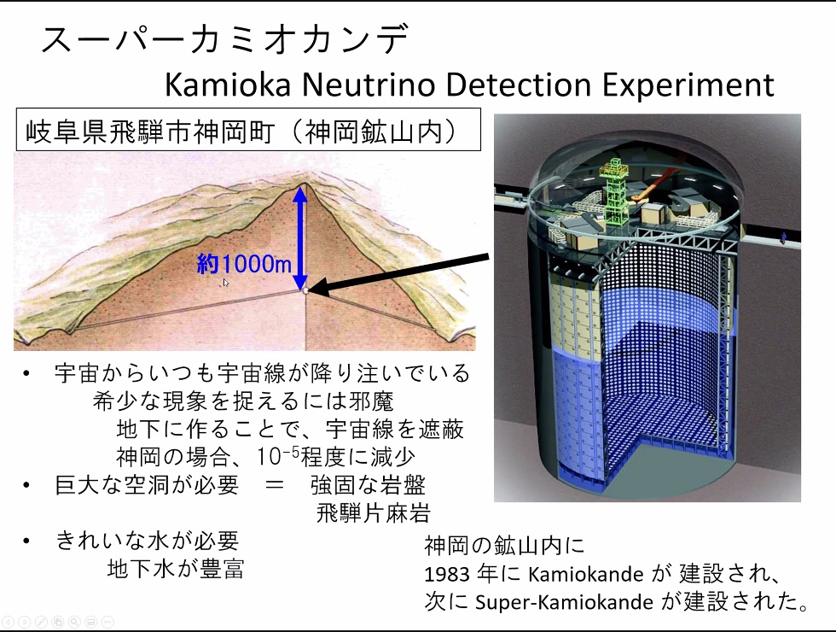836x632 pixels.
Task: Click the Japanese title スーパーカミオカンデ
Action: [x=225, y=39]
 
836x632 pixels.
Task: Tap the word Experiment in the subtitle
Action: [x=688, y=85]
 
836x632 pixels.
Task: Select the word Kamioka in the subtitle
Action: [x=228, y=85]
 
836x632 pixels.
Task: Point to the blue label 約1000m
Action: [x=244, y=264]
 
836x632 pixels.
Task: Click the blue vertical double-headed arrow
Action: [x=300, y=238]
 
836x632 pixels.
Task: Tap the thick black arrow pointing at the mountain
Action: [x=398, y=274]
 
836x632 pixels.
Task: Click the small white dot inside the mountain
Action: [x=305, y=291]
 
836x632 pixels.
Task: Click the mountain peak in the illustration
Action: [x=305, y=183]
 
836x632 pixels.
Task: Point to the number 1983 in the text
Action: [x=447, y=574]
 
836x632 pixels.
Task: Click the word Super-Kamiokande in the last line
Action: [x=564, y=602]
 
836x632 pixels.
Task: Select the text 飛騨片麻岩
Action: [x=374, y=513]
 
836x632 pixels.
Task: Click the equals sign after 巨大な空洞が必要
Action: [x=274, y=485]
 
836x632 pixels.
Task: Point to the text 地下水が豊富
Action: [x=176, y=569]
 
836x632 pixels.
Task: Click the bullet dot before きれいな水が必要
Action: [x=26, y=541]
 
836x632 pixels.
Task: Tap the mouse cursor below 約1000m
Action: [x=226, y=283]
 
